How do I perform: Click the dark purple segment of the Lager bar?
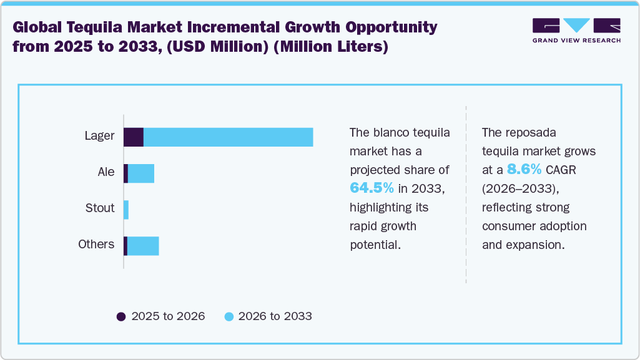134,137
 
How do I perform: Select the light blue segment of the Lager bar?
228,137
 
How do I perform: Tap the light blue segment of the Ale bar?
140,173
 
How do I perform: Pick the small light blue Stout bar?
126,210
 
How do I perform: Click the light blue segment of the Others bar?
143,246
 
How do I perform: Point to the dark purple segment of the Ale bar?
126,173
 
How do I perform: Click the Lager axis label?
100,135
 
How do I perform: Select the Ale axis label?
106,172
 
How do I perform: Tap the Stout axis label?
100,208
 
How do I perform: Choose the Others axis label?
96,244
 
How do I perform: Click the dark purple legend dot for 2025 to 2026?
121,316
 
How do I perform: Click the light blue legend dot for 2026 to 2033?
229,316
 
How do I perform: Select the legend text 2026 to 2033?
275,316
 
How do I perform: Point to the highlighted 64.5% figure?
372,188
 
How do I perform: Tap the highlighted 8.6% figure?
524,170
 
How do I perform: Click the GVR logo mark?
576,26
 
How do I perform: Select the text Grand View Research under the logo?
576,41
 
